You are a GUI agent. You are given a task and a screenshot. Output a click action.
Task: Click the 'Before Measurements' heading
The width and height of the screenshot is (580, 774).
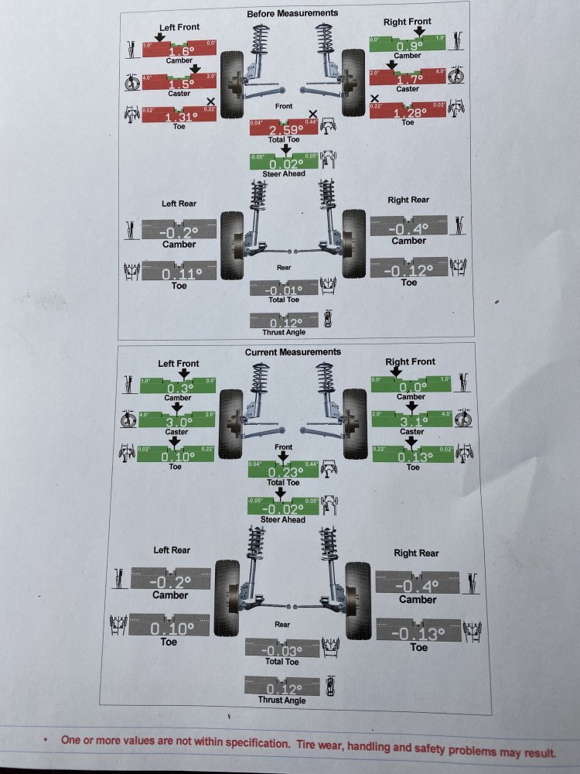tap(292, 13)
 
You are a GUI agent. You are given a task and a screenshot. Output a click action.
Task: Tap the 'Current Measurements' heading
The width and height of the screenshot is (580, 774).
tap(292, 352)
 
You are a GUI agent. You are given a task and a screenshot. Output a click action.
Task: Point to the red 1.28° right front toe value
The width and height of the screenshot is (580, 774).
tap(408, 113)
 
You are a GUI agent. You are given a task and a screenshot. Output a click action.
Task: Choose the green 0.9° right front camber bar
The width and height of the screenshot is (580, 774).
tap(408, 45)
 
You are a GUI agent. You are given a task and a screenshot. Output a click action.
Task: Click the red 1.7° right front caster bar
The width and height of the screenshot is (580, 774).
tap(408, 79)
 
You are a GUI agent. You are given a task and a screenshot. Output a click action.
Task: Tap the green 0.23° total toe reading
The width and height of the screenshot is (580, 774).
tap(284, 472)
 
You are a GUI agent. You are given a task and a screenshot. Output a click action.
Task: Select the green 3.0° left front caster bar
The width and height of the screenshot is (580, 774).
tap(177, 422)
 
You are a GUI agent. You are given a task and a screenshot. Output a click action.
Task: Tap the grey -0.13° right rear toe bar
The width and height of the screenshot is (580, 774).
tap(418, 632)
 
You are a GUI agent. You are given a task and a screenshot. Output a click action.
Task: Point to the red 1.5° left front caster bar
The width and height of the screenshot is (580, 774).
tap(179, 83)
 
